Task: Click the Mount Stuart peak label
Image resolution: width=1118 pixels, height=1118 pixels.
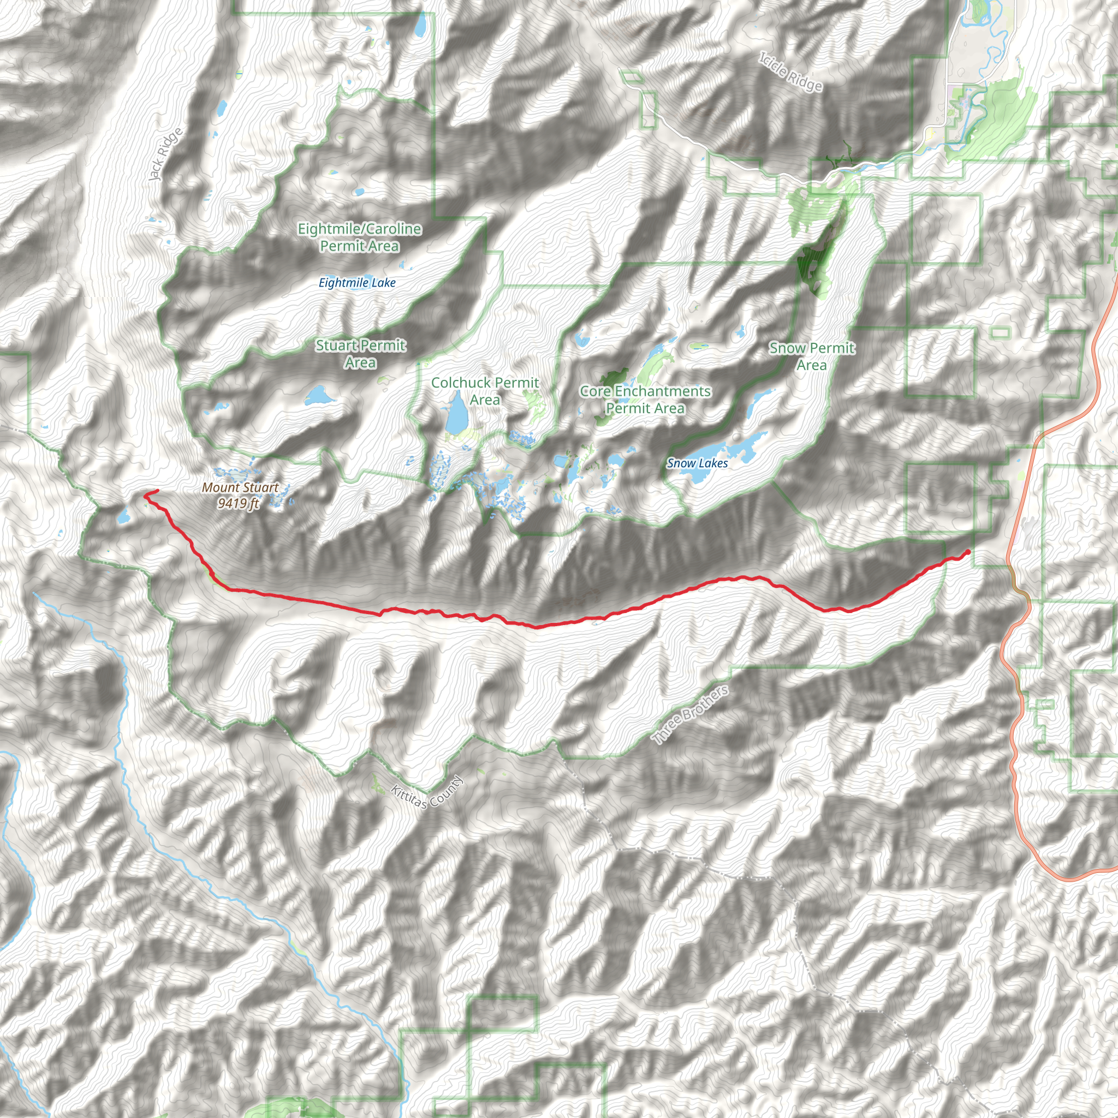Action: (x=240, y=488)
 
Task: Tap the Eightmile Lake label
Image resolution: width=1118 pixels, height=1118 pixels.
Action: (x=357, y=283)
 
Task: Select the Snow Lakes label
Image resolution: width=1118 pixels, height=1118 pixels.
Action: (x=697, y=463)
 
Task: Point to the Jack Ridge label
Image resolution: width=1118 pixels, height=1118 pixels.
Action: (x=165, y=154)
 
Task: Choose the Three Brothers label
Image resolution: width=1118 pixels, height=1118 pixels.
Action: (x=690, y=715)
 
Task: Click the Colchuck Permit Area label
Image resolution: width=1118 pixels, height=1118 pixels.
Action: (x=485, y=391)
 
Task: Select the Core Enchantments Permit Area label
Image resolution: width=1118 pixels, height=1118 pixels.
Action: (x=645, y=400)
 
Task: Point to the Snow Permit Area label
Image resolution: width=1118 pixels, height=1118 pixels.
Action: (x=811, y=356)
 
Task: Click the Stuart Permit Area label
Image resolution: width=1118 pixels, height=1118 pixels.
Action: (x=360, y=354)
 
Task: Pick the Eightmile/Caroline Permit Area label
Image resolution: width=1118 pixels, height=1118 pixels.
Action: (x=359, y=237)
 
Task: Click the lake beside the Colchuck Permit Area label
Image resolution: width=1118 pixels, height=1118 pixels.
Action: (x=456, y=412)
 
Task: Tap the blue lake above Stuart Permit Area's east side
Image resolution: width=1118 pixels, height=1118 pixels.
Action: (x=319, y=396)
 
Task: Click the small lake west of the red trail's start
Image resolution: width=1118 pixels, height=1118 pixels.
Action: (x=123, y=515)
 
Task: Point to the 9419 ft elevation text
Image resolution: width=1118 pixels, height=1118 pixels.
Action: (x=238, y=503)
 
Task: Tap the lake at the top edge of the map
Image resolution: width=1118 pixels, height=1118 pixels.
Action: (x=421, y=25)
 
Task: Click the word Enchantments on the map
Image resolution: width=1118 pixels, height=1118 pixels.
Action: (x=663, y=392)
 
